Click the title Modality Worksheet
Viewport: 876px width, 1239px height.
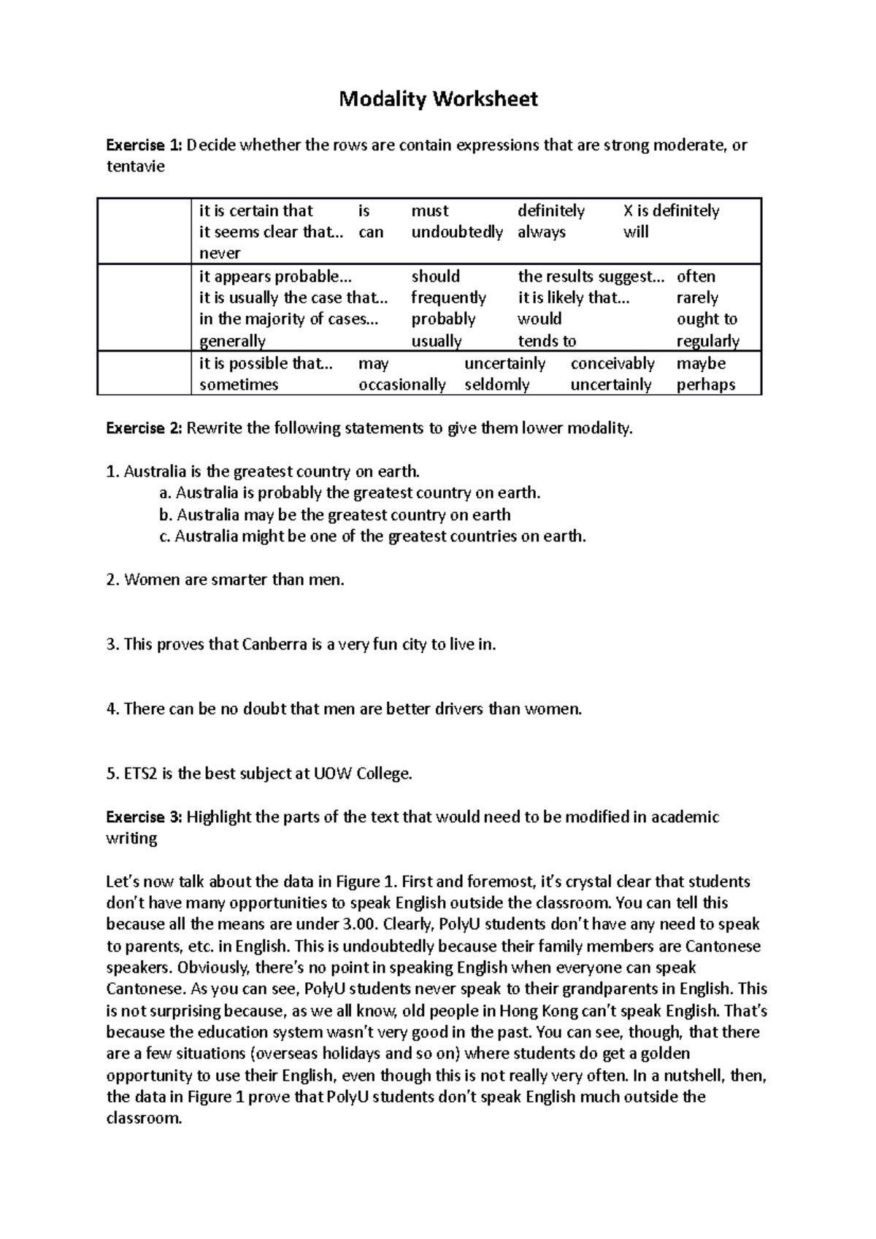click(438, 99)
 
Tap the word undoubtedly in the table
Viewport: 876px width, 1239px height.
click(457, 232)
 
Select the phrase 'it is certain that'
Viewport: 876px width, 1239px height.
click(255, 211)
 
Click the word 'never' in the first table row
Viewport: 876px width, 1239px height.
click(220, 253)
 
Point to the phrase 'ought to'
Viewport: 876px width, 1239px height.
click(707, 319)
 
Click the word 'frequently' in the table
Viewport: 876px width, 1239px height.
click(448, 298)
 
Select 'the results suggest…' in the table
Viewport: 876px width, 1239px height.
click(591, 277)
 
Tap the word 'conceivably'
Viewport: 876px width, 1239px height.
click(612, 363)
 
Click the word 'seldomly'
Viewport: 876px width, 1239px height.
click(496, 385)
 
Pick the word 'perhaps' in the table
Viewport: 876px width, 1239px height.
click(705, 385)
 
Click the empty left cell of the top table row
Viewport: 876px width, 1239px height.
click(144, 231)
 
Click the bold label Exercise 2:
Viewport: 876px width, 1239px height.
click(144, 428)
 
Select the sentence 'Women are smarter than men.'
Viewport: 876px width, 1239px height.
click(234, 580)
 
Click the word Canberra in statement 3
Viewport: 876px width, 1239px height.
click(273, 645)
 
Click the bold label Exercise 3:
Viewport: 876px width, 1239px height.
click(144, 817)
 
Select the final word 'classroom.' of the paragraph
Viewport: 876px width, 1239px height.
click(144, 1119)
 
